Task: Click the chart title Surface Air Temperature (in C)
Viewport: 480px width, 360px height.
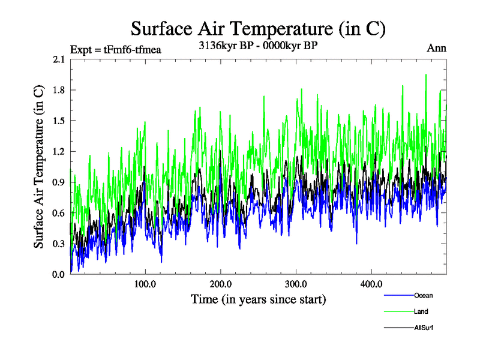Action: tap(258, 28)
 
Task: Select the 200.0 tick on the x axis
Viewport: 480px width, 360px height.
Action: tap(221, 283)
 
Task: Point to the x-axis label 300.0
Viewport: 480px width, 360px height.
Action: tap(296, 283)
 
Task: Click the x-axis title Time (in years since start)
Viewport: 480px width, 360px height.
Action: tap(259, 298)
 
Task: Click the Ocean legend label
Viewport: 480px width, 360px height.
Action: tap(423, 295)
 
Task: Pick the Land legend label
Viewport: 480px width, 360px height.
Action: tap(421, 311)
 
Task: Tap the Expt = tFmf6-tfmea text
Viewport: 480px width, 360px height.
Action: tap(116, 49)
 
